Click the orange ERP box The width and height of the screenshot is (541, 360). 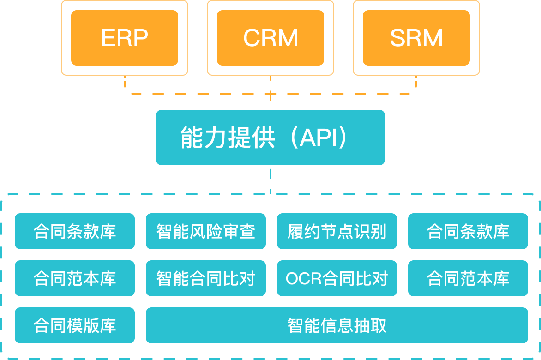pyautogui.click(x=125, y=38)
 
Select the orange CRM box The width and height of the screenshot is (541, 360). pyautogui.click(x=270, y=38)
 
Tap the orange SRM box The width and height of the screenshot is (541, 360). pyautogui.click(x=416, y=38)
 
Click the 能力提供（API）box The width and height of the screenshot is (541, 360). pyautogui.click(x=270, y=138)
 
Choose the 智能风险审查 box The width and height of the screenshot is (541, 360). pyautogui.click(x=206, y=231)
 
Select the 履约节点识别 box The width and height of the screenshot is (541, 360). pyautogui.click(x=337, y=231)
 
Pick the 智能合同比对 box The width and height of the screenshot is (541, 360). pyautogui.click(x=206, y=278)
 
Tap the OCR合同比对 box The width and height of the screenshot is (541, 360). pyautogui.click(x=337, y=278)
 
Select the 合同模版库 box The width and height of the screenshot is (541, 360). pyautogui.click(x=75, y=325)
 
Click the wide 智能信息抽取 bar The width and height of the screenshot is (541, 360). pyautogui.click(x=337, y=325)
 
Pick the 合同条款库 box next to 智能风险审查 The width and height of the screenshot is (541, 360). pyautogui.click(x=75, y=231)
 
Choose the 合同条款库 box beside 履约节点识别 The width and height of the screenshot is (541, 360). pyautogui.click(x=468, y=231)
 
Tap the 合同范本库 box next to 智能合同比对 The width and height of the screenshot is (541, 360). pyautogui.click(x=75, y=278)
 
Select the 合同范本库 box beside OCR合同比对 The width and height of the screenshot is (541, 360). pyautogui.click(x=468, y=278)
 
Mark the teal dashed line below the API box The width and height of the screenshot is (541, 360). pyautogui.click(x=270, y=180)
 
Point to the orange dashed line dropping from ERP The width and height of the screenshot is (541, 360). pyautogui.click(x=125, y=84)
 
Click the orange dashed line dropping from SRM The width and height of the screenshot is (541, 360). pyautogui.click(x=416, y=84)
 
